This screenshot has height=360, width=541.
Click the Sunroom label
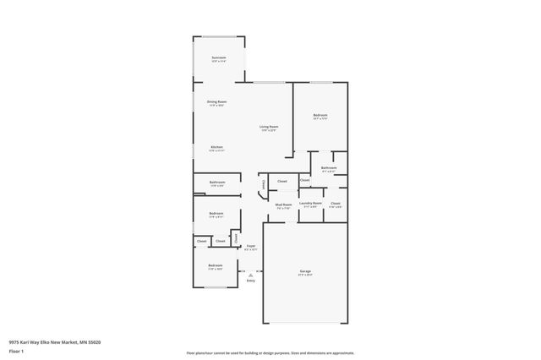(219, 57)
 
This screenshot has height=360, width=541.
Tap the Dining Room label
(216, 101)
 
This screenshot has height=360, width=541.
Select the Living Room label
(269, 127)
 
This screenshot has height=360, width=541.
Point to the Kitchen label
(216, 147)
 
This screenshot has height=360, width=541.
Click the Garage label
(305, 271)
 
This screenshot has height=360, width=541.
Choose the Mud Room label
(283, 204)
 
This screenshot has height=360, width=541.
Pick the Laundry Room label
(310, 203)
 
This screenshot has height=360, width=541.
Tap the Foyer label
(250, 246)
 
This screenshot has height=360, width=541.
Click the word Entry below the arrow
(250, 281)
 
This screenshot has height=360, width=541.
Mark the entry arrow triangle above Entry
(250, 275)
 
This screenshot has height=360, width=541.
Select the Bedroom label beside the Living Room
(320, 115)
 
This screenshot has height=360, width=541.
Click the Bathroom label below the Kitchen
(216, 182)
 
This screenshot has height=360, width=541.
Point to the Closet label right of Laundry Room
(336, 204)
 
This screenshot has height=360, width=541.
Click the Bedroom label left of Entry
(216, 265)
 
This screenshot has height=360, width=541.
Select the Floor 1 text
(16, 351)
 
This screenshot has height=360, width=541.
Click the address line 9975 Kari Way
(55, 341)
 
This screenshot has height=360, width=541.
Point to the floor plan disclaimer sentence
(270, 352)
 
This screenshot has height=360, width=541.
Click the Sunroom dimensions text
(219, 62)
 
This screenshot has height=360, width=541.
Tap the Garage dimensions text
(305, 275)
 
